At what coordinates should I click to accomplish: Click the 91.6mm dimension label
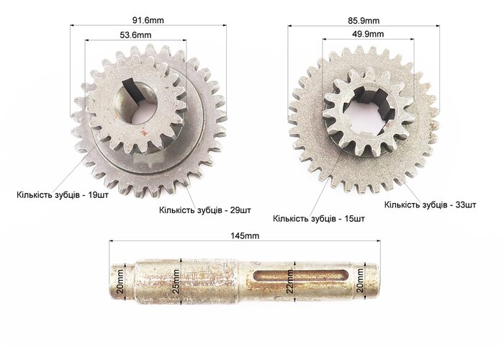click(148, 20)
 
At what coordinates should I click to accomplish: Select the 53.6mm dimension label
click(135, 35)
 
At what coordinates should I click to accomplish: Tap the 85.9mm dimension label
click(364, 21)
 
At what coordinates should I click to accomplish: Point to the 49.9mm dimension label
click(368, 34)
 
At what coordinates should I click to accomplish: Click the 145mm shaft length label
click(245, 235)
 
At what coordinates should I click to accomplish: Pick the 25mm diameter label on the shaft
click(176, 282)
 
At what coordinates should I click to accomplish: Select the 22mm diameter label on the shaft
click(289, 282)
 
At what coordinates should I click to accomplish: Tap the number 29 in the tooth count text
click(235, 210)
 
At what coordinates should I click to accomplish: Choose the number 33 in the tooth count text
click(461, 204)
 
